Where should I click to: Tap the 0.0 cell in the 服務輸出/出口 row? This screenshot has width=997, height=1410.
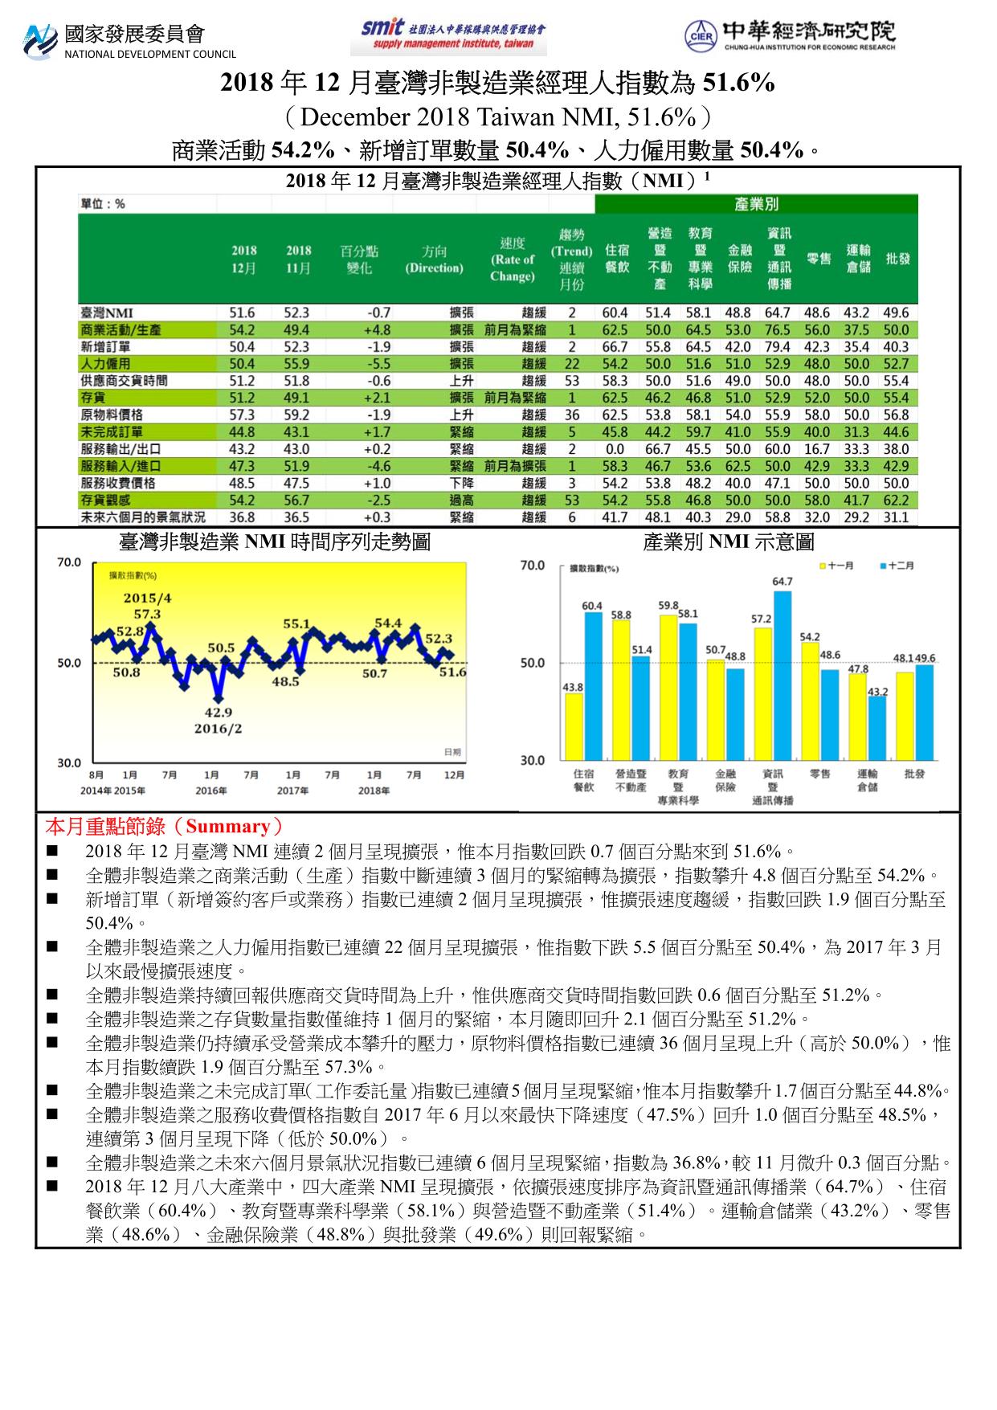coord(615,449)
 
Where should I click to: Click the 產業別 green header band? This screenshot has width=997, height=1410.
coord(755,205)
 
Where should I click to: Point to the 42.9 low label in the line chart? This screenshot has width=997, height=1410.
coord(218,712)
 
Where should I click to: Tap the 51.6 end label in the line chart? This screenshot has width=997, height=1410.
coord(452,672)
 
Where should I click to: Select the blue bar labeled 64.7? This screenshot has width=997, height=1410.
coord(782,675)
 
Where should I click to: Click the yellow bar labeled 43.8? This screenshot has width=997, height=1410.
coord(574,726)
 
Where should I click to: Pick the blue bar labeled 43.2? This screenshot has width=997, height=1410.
coord(878,728)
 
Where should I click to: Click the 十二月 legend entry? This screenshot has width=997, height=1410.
coord(897,566)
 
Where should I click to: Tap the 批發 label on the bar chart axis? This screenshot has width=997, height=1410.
coord(913,774)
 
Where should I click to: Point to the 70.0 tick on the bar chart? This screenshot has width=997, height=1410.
coord(533,566)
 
